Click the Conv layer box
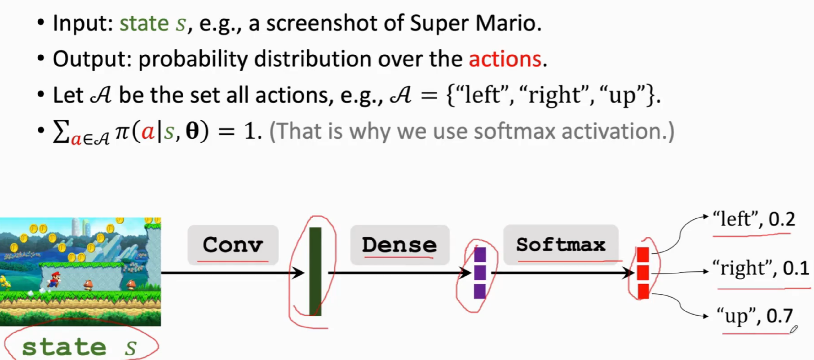233,245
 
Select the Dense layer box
400,245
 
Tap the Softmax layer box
561,245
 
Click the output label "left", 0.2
754,219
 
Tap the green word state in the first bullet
144,24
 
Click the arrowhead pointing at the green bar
298,273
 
